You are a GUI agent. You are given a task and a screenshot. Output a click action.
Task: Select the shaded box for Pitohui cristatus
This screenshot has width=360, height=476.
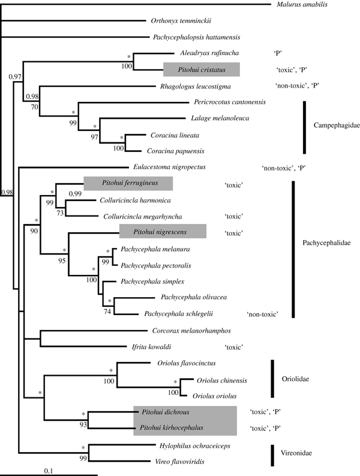coord(202,69)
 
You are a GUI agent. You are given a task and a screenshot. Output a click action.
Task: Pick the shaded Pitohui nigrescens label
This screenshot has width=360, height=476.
coord(163,231)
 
